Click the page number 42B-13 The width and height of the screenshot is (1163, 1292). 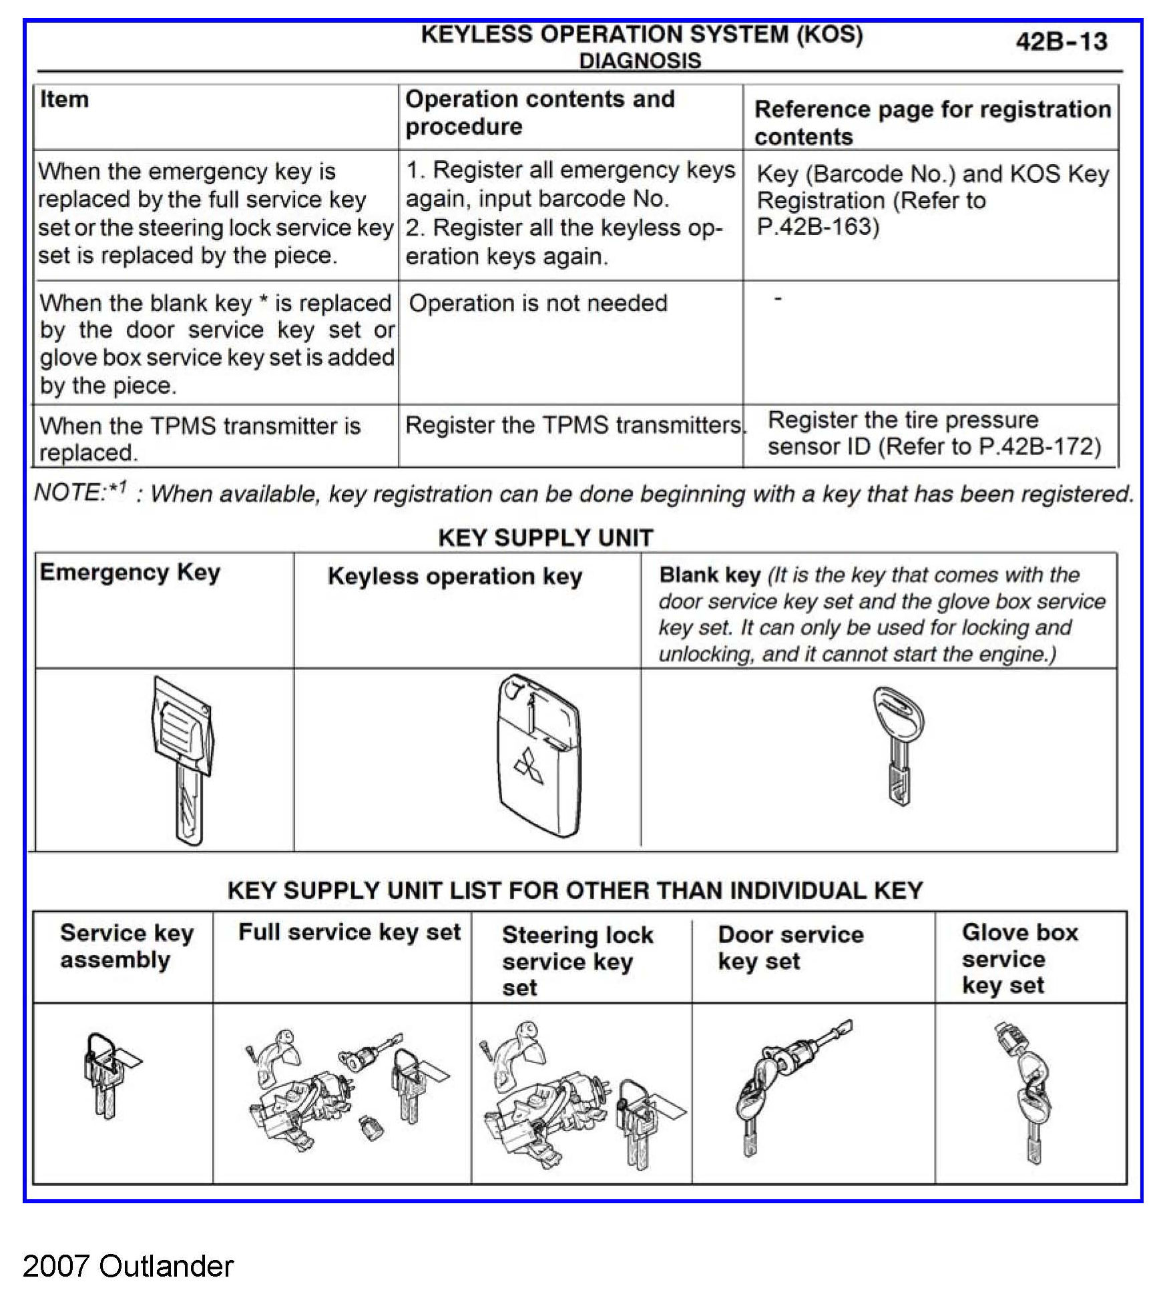(x=1061, y=41)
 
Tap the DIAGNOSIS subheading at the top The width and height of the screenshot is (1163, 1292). (x=640, y=61)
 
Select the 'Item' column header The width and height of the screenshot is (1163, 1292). (x=64, y=99)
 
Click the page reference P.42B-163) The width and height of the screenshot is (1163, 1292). (x=818, y=227)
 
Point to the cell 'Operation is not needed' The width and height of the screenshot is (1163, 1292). (x=538, y=304)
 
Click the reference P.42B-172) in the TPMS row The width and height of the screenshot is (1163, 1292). (x=1039, y=446)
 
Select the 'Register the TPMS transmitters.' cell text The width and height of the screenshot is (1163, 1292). (x=575, y=425)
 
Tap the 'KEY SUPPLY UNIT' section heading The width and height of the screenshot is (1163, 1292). (x=545, y=538)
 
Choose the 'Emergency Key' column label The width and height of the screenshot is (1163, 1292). (x=130, y=573)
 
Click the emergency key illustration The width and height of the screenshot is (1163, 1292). (x=183, y=757)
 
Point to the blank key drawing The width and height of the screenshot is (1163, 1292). (x=898, y=745)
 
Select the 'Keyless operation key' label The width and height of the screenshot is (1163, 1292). (x=455, y=577)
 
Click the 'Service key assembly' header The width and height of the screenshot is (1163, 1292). (x=127, y=946)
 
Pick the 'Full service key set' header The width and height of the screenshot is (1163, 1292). (x=349, y=932)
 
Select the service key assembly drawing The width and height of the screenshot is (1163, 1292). (x=107, y=1074)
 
